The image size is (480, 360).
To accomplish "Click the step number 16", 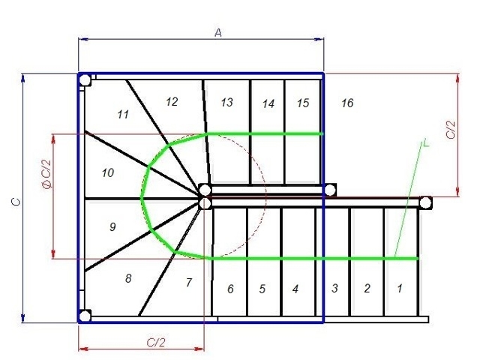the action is click(347, 103).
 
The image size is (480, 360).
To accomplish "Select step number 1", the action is click(399, 288).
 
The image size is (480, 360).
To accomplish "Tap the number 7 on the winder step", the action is click(189, 282).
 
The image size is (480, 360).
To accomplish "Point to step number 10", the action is click(108, 173).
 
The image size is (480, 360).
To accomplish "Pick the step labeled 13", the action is click(226, 103).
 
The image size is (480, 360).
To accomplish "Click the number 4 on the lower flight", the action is click(295, 289).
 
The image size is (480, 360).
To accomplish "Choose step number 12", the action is click(172, 102).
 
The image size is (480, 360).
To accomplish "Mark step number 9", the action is click(112, 226).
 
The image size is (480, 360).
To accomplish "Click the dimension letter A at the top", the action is click(218, 32).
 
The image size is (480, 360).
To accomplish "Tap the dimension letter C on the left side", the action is click(16, 202).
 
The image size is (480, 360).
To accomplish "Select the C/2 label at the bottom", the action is click(156, 342).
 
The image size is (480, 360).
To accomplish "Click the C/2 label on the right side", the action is click(451, 130).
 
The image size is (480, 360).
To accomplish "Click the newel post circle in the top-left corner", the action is click(85, 80).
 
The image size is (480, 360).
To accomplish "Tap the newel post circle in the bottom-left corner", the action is click(85, 316).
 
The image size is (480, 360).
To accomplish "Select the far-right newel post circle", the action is click(425, 202).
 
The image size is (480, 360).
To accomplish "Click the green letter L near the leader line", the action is click(426, 142).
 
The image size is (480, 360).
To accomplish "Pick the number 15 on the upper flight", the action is click(303, 103).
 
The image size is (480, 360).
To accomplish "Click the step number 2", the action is click(367, 288).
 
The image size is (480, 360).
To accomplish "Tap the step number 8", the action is click(128, 278).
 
